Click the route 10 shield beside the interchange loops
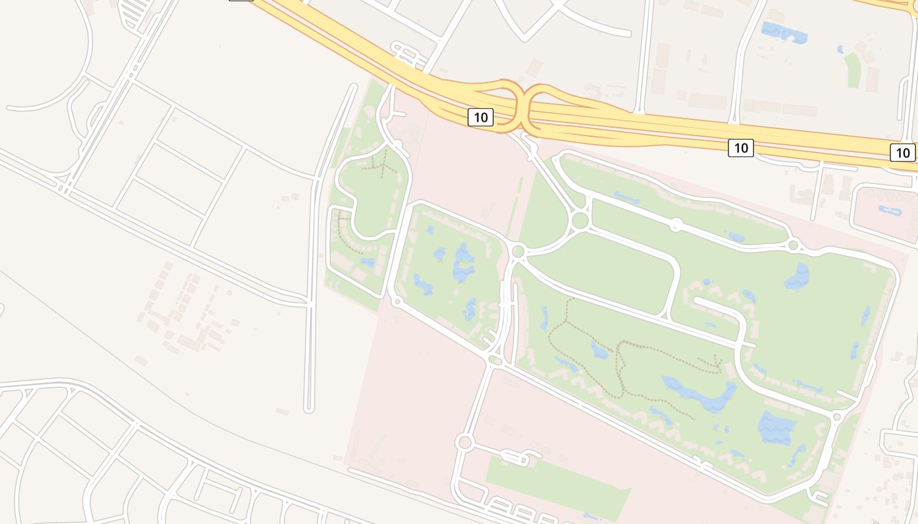[x=481, y=117]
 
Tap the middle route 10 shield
[x=740, y=147]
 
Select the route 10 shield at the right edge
[x=903, y=153]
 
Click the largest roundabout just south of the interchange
[x=580, y=221]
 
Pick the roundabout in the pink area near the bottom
[x=464, y=442]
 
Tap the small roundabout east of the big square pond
[x=836, y=417]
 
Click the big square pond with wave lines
[x=777, y=427]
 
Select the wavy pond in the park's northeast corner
[x=797, y=276]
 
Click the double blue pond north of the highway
[x=784, y=32]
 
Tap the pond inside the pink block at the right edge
[x=891, y=211]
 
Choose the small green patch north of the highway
[x=852, y=71]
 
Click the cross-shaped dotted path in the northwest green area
[x=382, y=164]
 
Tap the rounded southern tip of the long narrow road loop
[x=309, y=409]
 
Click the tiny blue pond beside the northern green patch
[x=840, y=50]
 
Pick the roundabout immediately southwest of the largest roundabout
[x=518, y=251]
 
